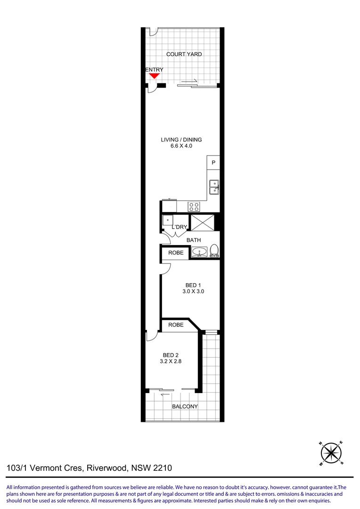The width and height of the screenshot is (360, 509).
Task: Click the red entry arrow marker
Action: coord(154,75)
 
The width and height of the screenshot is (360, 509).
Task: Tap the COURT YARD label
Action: coord(184,54)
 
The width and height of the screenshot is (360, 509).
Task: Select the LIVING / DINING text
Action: coord(181,140)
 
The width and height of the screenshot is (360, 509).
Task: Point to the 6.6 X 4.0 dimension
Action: coord(181,146)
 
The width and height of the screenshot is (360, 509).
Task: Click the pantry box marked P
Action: coord(213,163)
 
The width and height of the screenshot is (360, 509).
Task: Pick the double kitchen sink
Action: coord(214,187)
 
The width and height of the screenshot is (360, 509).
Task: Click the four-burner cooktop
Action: coord(194,206)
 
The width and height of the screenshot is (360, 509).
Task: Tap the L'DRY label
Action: coord(180,227)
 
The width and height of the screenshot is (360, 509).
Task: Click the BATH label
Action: coord(194,240)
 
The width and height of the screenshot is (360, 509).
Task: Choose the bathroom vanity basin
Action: coord(199,252)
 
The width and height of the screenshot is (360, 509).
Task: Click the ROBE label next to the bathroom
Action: coord(176,253)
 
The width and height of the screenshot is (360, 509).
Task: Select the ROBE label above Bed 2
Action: coord(176,325)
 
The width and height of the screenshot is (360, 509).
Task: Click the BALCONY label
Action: coord(185,406)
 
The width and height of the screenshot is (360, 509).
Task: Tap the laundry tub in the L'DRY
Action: coord(167,221)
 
